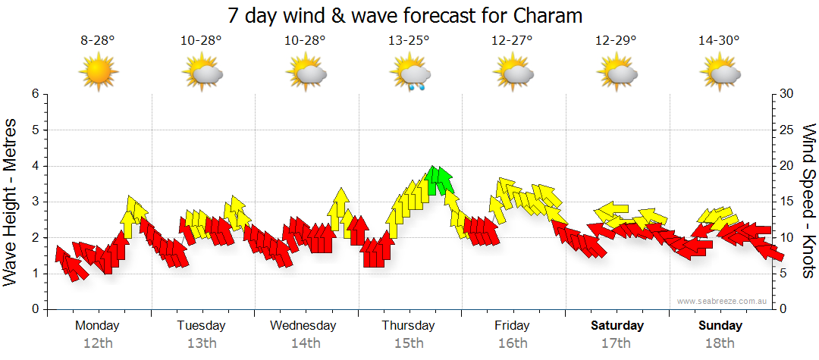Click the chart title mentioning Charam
(410, 15)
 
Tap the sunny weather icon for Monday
(98, 73)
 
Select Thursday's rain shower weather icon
(411, 74)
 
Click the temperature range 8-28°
(98, 41)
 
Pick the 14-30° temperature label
(719, 41)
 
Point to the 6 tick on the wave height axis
(34, 94)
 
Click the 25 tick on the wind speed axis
(787, 130)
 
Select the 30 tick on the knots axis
(787, 94)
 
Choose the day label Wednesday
(303, 326)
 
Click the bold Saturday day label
(617, 326)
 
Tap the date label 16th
(513, 343)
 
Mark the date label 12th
(98, 343)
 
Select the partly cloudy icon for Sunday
(720, 74)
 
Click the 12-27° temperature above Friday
(512, 41)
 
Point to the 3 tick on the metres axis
(34, 202)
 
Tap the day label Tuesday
(201, 326)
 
